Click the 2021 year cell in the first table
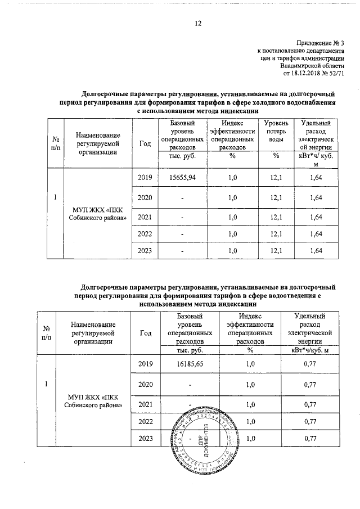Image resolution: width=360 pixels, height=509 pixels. coord(145,217)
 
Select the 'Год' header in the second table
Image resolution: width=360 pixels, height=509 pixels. coord(145,332)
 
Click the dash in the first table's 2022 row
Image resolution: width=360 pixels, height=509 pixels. coord(182,233)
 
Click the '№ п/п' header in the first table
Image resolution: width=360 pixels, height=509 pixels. coord(56,143)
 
